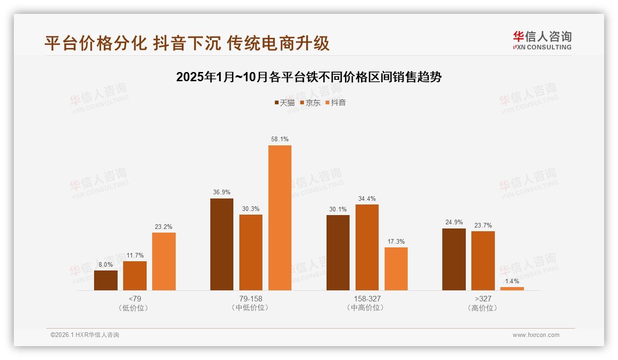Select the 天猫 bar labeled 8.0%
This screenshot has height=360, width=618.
click(106, 280)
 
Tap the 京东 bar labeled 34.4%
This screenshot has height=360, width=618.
click(367, 247)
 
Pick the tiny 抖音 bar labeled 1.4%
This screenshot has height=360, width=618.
click(512, 288)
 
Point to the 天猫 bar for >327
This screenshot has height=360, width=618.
click(454, 259)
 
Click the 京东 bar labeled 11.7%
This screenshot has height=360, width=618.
click(135, 276)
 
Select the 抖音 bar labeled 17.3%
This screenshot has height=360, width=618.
click(396, 269)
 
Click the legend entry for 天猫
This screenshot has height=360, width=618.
click(285, 102)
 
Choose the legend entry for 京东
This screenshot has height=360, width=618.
click(310, 102)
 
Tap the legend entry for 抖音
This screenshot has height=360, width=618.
click(336, 102)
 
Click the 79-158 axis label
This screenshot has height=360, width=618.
click(251, 299)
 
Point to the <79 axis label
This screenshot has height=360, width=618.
click(135, 299)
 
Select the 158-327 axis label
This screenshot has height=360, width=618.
click(367, 299)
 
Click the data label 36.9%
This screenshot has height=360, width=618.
click(222, 192)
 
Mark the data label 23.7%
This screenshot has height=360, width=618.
click(483, 225)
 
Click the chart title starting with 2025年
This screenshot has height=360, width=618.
click(309, 77)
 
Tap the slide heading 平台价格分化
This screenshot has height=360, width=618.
click(187, 43)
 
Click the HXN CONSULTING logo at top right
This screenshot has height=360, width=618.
click(542, 41)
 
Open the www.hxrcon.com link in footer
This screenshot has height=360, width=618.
click(536, 335)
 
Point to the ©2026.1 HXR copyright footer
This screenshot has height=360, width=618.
click(85, 335)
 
